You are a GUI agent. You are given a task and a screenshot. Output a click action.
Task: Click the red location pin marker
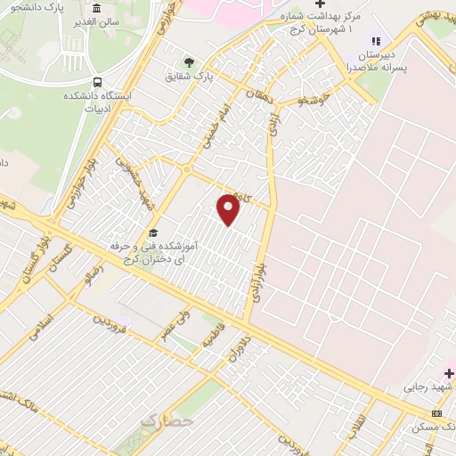click(x=229, y=209)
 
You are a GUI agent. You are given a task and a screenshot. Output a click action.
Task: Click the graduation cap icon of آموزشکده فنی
click(x=153, y=233)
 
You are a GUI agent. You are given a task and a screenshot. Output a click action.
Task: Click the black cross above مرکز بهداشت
click(x=320, y=4)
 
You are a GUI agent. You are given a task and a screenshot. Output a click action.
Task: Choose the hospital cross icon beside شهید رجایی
click(x=449, y=373)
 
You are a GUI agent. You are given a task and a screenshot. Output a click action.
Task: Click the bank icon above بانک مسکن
click(x=436, y=413)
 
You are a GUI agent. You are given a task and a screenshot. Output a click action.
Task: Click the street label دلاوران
click(x=233, y=351)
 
